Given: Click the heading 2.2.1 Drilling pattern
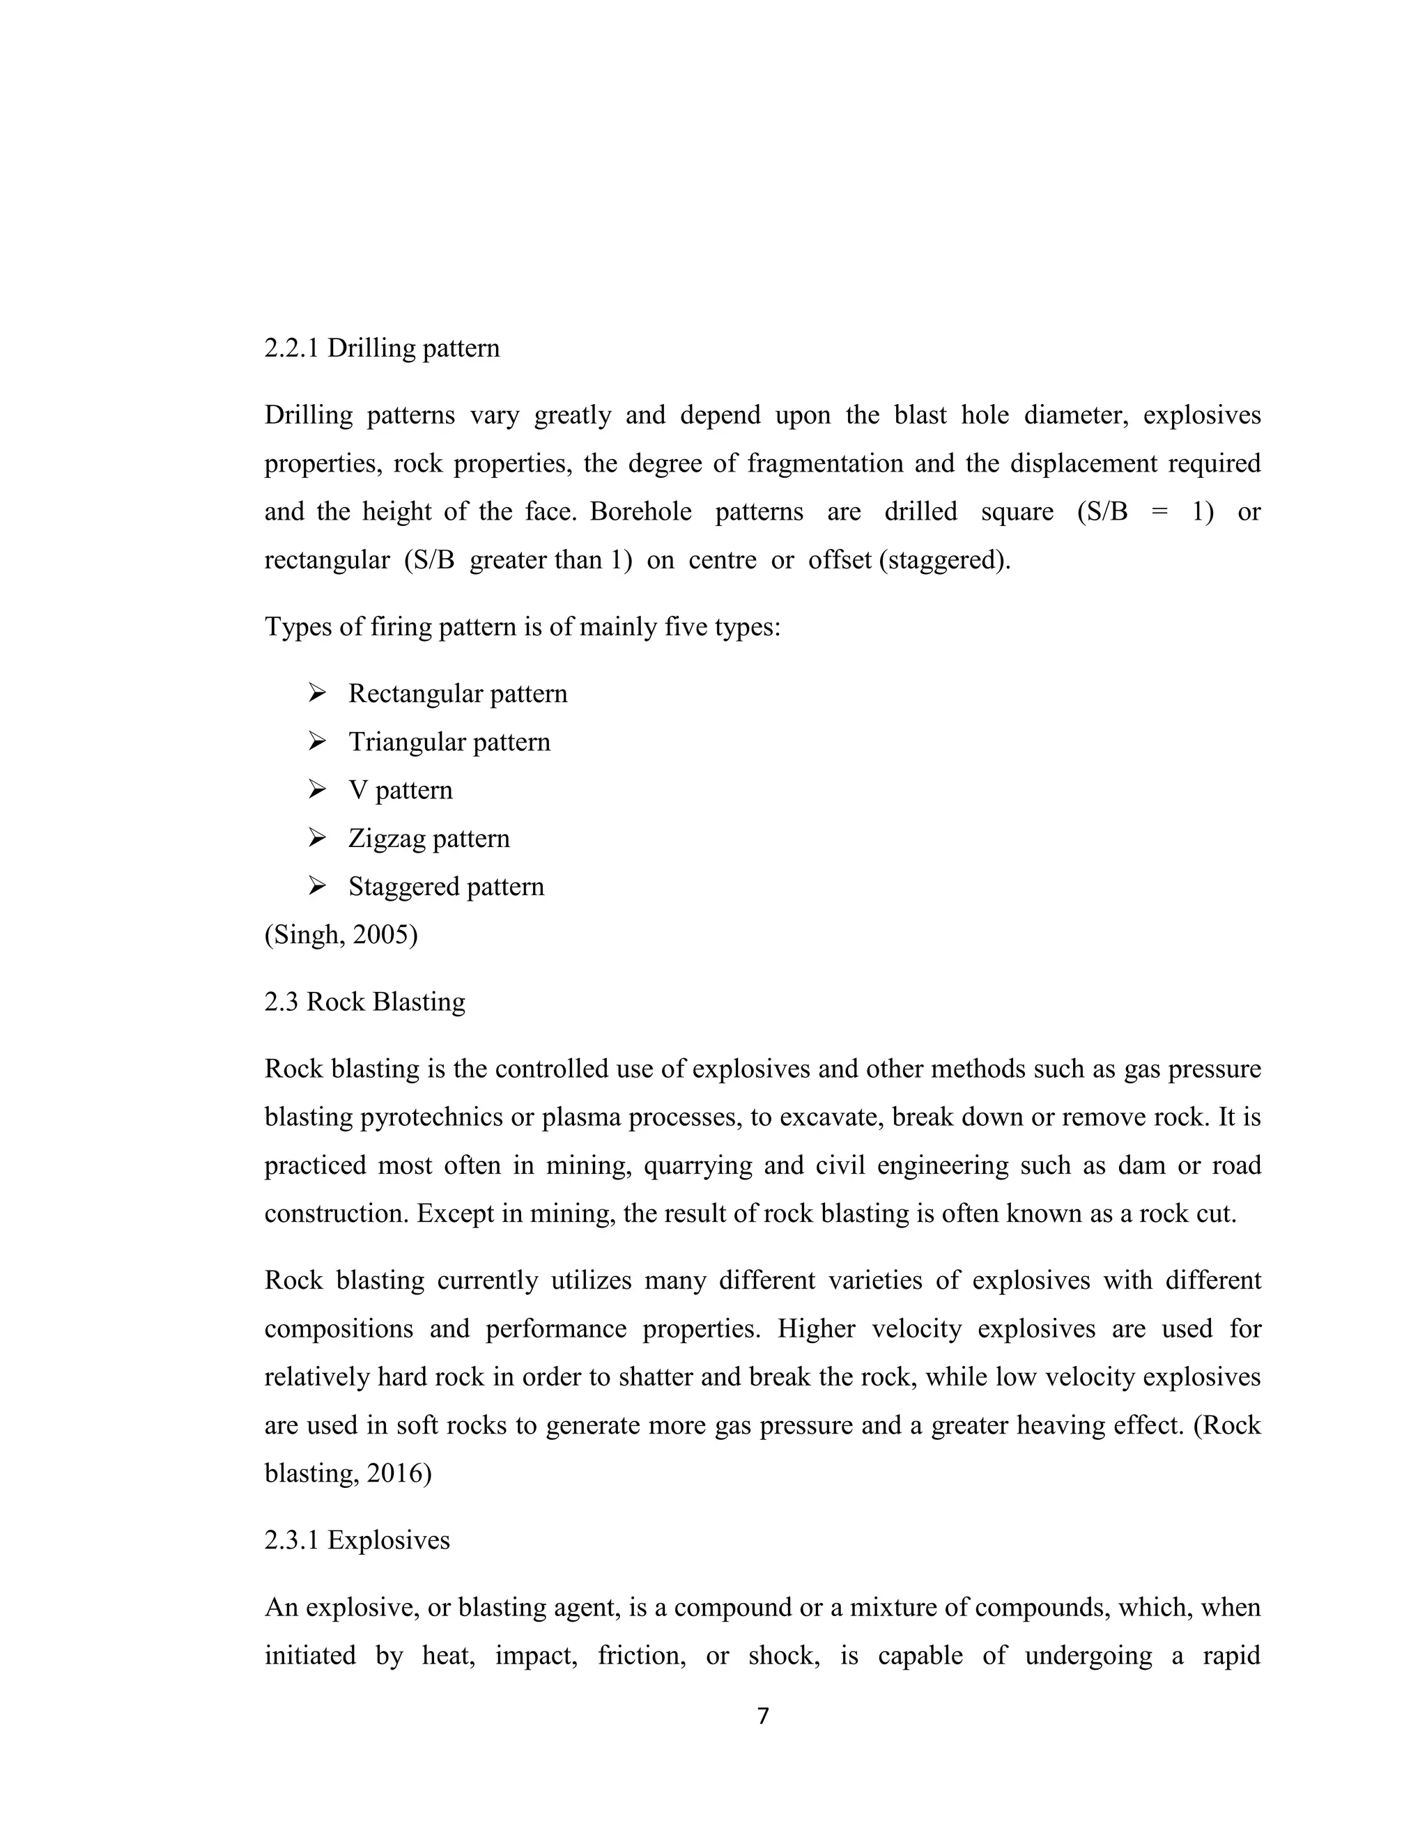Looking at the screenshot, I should click(381, 348).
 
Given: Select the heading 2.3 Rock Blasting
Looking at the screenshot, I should click(364, 1002).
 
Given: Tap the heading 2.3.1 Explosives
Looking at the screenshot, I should click(357, 1540).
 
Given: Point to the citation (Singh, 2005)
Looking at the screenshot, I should click(341, 935).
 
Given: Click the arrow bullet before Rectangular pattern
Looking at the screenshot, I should click(317, 694).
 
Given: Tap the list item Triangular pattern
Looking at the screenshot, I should click(449, 742).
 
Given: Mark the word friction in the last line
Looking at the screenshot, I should click(641, 1655).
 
